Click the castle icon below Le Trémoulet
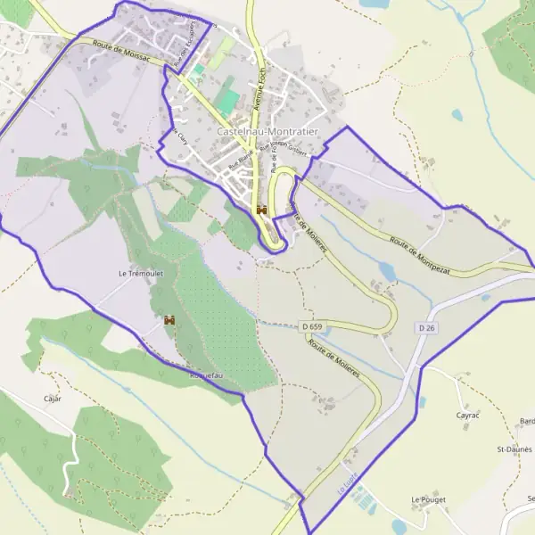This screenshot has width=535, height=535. point(169,319)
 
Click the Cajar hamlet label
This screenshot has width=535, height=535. point(53,399)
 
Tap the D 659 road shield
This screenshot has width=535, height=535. point(311,327)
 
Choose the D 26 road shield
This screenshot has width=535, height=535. point(426,329)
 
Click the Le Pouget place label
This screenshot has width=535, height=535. point(428,500)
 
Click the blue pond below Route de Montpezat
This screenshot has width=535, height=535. point(386,268)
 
